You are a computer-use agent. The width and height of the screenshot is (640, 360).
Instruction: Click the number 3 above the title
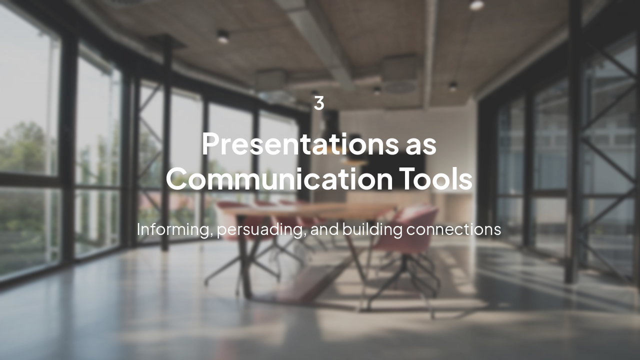[x=319, y=103]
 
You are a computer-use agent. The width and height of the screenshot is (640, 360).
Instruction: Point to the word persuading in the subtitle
[x=259, y=230]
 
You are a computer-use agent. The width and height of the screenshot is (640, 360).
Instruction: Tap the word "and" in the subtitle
[x=324, y=229]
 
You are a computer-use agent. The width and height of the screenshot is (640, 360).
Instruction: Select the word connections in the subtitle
[x=453, y=230]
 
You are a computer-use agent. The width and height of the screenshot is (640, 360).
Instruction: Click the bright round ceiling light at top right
[x=476, y=5]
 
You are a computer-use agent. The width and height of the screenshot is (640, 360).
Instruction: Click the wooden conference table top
[x=308, y=210]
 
